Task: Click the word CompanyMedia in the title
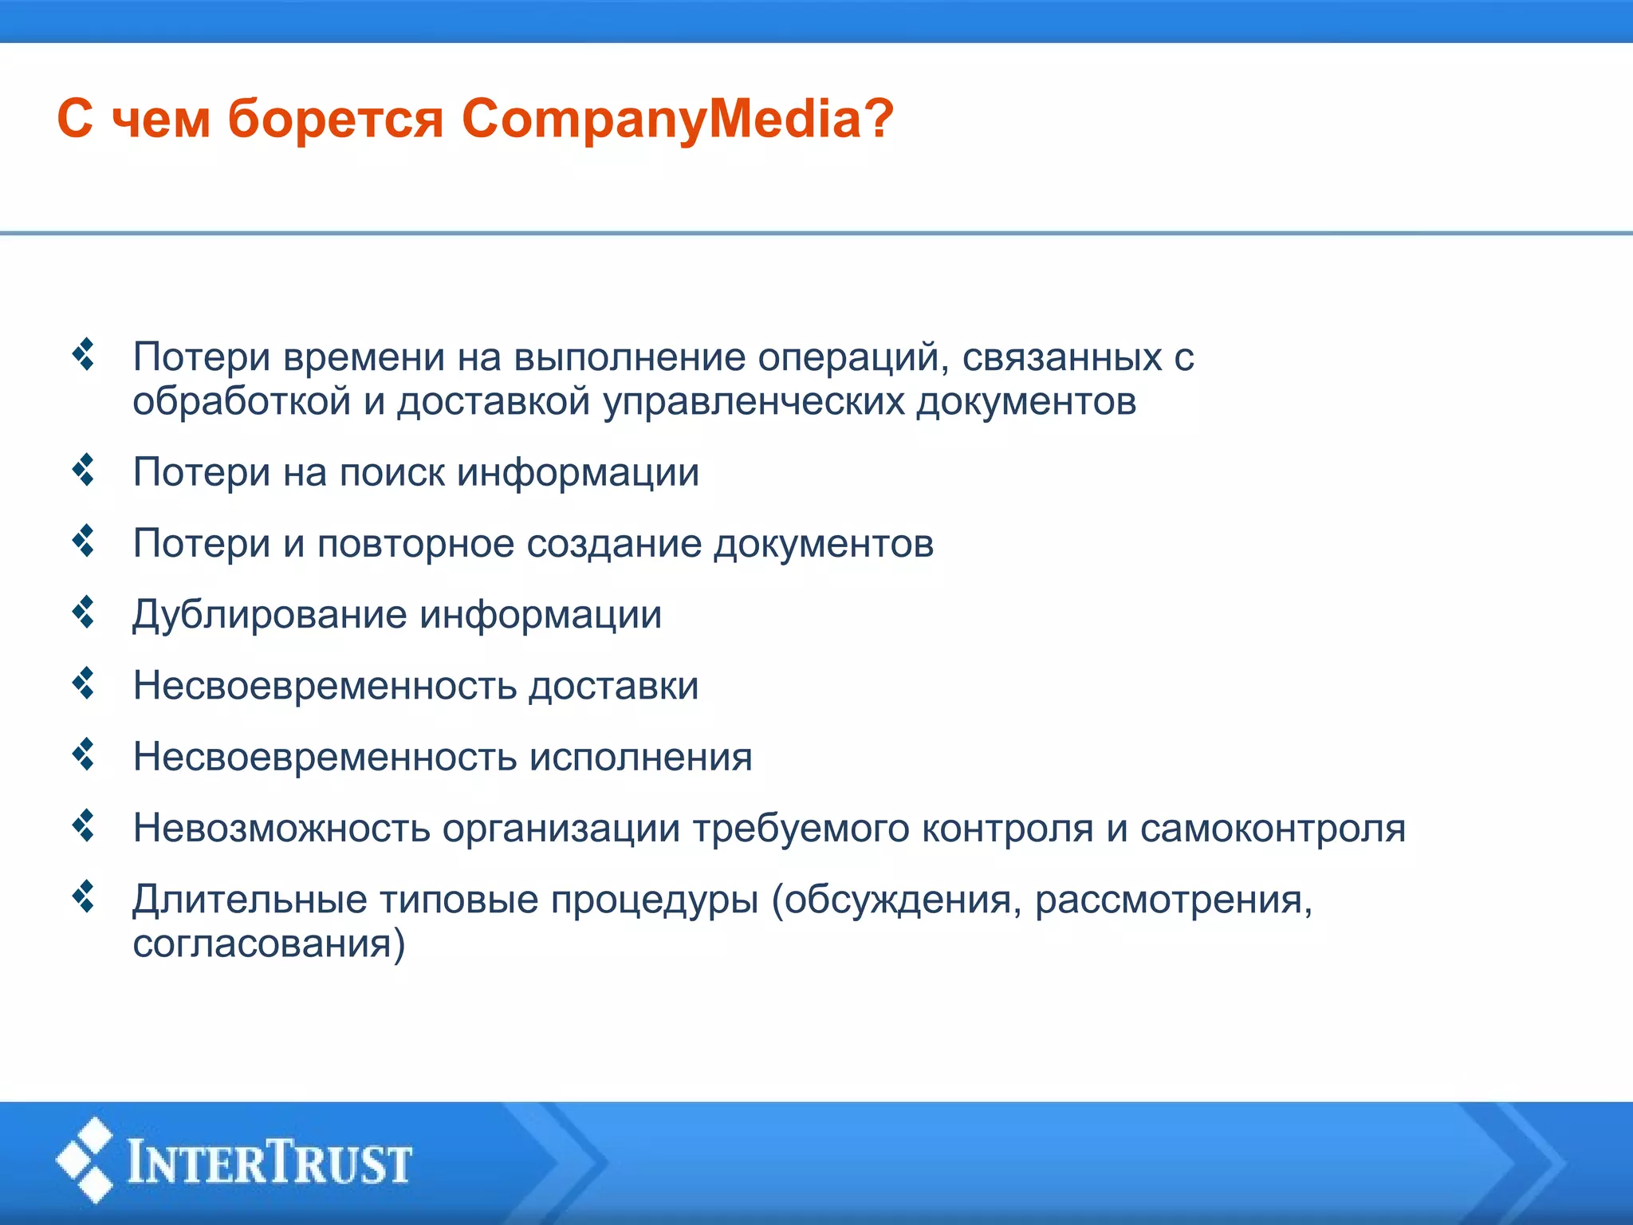tap(661, 120)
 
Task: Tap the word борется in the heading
tap(335, 120)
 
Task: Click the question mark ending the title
tap(878, 119)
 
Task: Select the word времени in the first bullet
tap(364, 356)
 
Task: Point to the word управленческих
tap(754, 401)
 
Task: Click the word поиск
tap(392, 472)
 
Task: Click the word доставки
tap(613, 686)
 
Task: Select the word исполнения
tap(641, 757)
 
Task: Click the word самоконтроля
tap(1273, 828)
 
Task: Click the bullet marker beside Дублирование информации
tap(84, 612)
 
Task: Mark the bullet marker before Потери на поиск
tap(84, 470)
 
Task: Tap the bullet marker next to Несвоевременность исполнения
tap(84, 754)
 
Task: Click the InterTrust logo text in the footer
tap(270, 1162)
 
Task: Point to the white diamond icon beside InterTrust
tap(85, 1160)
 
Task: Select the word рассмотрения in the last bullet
tap(1173, 900)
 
